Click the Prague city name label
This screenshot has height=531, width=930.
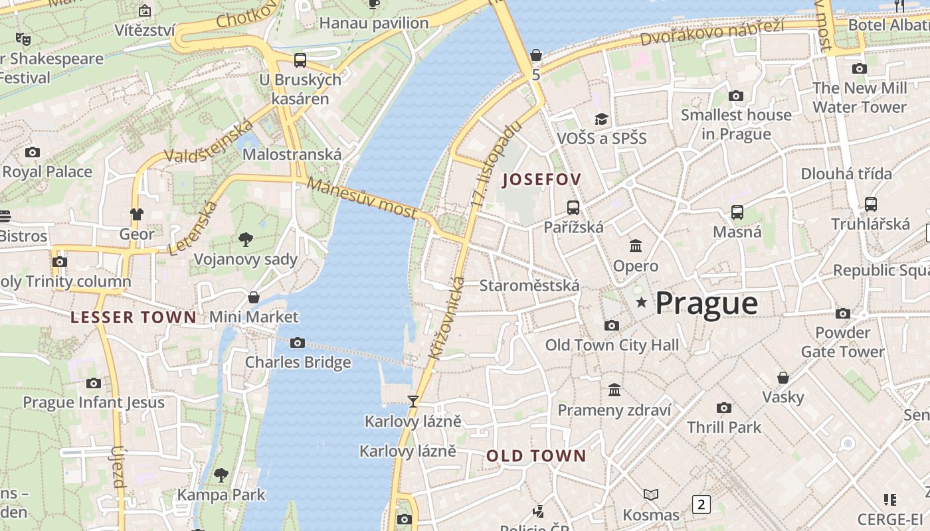tap(706, 303)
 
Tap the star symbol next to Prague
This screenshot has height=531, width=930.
tap(641, 303)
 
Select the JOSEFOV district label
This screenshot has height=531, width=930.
tap(542, 179)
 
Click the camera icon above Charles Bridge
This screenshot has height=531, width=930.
tap(298, 343)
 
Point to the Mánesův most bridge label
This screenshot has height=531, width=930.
tap(363, 198)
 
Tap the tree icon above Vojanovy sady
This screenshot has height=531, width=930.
tap(245, 240)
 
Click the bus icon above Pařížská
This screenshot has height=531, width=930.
tap(573, 207)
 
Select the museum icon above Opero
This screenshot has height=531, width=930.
tap(636, 246)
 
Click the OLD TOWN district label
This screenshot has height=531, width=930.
tap(536, 456)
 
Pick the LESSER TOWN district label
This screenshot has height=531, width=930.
tap(134, 317)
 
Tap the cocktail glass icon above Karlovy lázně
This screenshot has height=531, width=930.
tap(413, 401)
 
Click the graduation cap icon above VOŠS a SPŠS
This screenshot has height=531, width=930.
tap(601, 119)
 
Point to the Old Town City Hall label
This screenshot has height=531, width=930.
tap(612, 345)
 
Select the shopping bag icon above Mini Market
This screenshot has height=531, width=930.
tap(253, 297)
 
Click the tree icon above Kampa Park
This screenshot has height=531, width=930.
tap(221, 475)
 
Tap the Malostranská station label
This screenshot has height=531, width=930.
tap(292, 155)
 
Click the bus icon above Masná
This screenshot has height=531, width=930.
tap(737, 212)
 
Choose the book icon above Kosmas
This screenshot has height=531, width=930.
tap(650, 495)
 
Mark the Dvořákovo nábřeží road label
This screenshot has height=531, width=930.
tap(711, 32)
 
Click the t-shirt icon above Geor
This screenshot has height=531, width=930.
tap(137, 214)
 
